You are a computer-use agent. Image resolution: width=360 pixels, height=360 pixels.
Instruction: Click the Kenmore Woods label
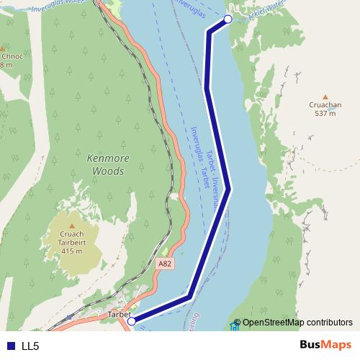pos(105,165)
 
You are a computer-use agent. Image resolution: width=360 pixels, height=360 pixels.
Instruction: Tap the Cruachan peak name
pos(325,104)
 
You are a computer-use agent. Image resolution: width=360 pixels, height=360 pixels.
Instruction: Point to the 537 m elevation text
pos(325,113)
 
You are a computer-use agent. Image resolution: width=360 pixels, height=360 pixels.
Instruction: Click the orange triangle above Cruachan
pos(325,96)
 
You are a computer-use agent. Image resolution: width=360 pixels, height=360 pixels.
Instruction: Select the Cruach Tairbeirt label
pos(71,238)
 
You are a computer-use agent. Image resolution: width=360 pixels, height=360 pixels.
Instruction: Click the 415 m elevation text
pos(71,251)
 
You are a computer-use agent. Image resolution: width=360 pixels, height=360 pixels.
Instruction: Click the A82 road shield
pos(165,264)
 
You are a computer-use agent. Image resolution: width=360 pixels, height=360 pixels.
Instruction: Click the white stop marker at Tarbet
pos(132,322)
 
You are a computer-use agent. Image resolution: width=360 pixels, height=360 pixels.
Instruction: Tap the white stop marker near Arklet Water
pos(228,19)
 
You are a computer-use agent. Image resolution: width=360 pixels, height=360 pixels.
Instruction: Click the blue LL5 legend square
pos(10,346)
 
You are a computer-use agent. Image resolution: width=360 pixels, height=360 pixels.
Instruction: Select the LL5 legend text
pos(30,346)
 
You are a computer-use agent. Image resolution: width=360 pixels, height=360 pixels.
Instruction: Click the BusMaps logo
pos(325,346)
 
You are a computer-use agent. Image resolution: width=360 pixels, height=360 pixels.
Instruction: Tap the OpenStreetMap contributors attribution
pos(297,323)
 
